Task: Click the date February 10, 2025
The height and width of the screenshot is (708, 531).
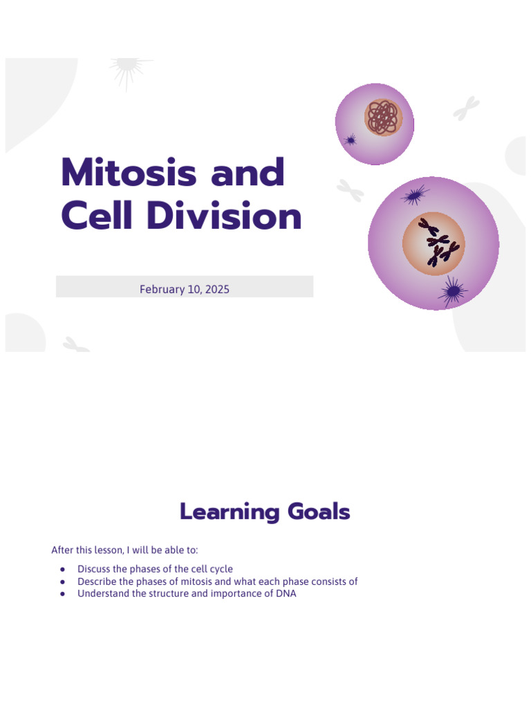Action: coord(184,289)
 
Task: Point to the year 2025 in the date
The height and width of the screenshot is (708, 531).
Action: coord(216,289)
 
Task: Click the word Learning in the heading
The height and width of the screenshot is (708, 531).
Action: coord(223,512)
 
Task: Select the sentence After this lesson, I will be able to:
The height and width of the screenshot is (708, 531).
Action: coord(124,550)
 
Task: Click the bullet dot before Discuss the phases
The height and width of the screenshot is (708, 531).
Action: coord(63,569)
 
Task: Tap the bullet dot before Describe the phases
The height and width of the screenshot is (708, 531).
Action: coord(63,581)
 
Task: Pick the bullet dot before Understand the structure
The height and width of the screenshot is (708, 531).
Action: coord(63,594)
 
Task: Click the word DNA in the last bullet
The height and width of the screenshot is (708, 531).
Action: coord(286,594)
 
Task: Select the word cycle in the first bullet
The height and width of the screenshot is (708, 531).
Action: coord(221,569)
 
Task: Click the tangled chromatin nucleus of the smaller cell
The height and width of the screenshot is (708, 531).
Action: coord(382,117)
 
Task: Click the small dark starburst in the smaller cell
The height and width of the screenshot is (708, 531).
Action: coord(351,140)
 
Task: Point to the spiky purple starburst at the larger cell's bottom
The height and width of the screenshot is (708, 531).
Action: coord(452,291)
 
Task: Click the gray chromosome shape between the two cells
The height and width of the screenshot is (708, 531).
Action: coord(351,189)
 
